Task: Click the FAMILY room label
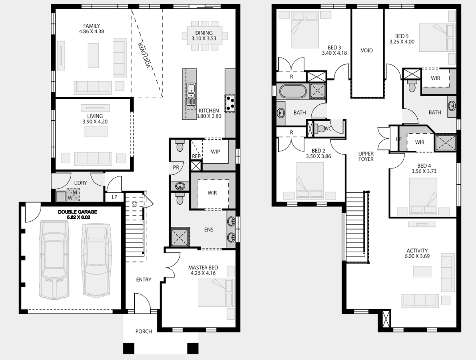(x=92, y=26)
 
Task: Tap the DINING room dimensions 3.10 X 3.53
(x=204, y=38)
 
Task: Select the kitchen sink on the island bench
(x=191, y=92)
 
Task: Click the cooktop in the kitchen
(x=230, y=103)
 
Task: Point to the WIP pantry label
(x=215, y=152)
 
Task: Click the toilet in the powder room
(x=180, y=146)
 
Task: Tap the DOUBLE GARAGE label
(x=78, y=212)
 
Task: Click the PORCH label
(x=143, y=332)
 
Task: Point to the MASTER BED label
(x=203, y=268)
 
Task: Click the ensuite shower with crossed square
(x=180, y=237)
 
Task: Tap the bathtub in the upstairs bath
(x=293, y=91)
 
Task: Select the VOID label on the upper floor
(x=367, y=50)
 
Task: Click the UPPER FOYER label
(x=366, y=156)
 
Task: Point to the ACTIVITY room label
(x=417, y=251)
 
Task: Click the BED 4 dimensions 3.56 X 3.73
(x=424, y=171)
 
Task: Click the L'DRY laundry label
(x=80, y=183)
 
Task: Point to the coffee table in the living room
(x=96, y=132)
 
